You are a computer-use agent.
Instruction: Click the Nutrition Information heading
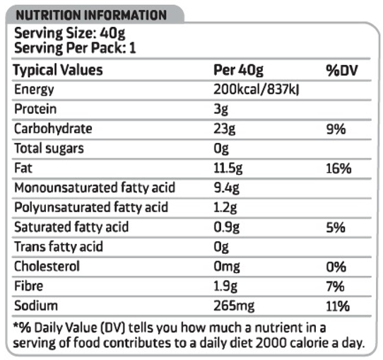click(91, 15)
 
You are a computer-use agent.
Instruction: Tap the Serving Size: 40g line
click(70, 33)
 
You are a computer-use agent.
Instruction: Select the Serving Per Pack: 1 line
click(75, 47)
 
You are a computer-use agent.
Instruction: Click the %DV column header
click(342, 71)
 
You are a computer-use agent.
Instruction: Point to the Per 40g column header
click(238, 71)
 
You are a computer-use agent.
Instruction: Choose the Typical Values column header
click(58, 70)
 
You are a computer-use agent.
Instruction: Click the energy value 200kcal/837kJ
click(257, 89)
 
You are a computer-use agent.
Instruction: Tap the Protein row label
click(35, 109)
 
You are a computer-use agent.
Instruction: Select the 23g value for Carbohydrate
click(225, 129)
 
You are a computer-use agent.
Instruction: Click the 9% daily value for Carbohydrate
click(336, 129)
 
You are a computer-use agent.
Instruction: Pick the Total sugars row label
click(49, 149)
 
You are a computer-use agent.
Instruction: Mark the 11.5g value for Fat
click(228, 168)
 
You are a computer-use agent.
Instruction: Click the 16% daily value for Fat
click(338, 168)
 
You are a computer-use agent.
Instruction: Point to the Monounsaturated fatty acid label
click(95, 187)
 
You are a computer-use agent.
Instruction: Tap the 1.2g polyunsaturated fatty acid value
click(225, 208)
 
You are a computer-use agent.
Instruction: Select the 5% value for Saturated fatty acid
click(336, 228)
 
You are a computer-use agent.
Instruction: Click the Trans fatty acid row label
click(59, 247)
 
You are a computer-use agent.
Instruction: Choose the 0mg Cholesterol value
click(227, 267)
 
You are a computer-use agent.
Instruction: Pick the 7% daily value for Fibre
click(336, 286)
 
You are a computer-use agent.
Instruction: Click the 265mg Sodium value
click(234, 306)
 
